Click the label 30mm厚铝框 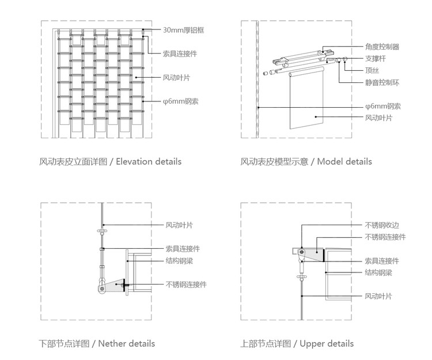click(185, 29)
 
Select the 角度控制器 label click(382, 47)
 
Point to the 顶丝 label click(371, 70)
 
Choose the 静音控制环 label click(382, 82)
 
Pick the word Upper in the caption click(313, 344)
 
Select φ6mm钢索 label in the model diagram click(382, 106)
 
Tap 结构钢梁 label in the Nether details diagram click(179, 260)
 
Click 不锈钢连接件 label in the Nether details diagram click(186, 285)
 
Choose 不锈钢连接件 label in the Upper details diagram click(385, 237)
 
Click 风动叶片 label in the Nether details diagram click(179, 225)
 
